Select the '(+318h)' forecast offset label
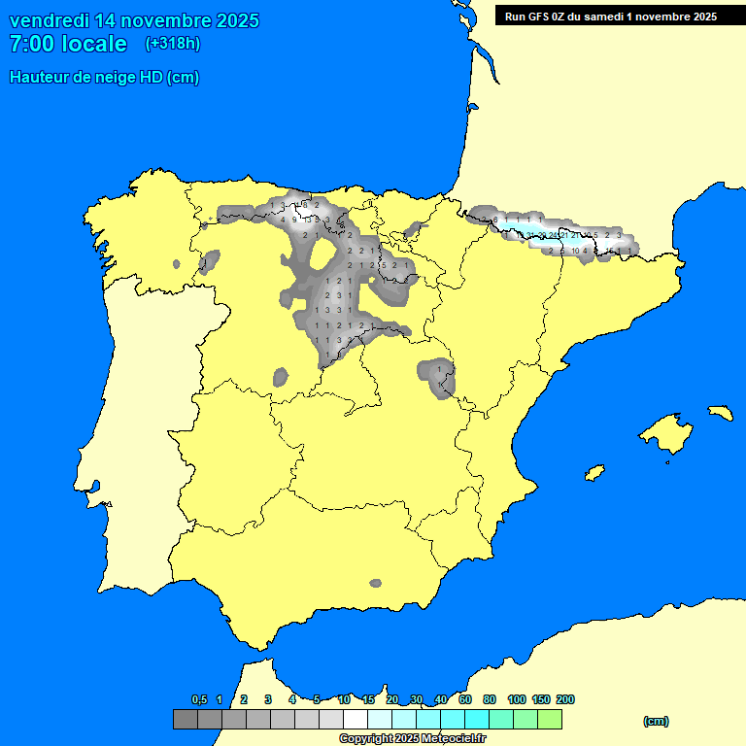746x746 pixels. tap(172, 43)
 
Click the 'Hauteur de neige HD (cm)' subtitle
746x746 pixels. tap(104, 78)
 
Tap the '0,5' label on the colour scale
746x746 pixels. tap(199, 699)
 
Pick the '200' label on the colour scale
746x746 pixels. tap(564, 699)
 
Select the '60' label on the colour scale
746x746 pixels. tap(465, 699)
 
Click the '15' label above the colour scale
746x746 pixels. tap(368, 699)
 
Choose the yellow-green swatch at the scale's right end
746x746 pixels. tap(549, 719)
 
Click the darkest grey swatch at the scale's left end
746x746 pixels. tap(185, 719)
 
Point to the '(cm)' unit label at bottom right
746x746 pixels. tap(656, 721)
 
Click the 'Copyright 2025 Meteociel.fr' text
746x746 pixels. tap(412, 738)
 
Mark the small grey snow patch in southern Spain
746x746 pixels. tap(376, 583)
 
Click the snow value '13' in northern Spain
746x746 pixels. tap(307, 220)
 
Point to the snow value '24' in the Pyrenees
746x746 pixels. tap(553, 235)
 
